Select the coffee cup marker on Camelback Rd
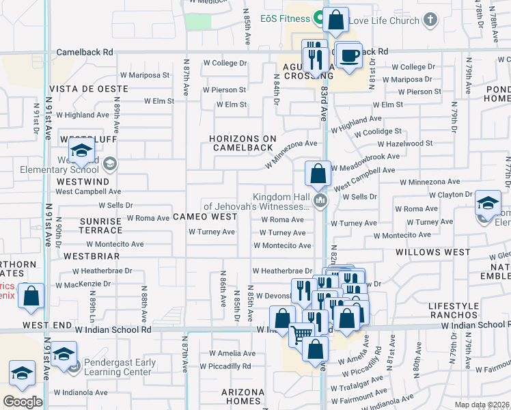[348, 56]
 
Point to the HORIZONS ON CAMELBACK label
[243, 143]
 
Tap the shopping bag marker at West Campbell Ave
[318, 174]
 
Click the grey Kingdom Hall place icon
[320, 200]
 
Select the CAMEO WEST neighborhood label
[204, 217]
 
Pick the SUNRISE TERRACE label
[100, 226]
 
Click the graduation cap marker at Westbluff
[81, 152]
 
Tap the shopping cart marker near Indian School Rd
[302, 335]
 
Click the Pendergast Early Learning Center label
[118, 367]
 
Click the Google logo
[23, 402]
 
